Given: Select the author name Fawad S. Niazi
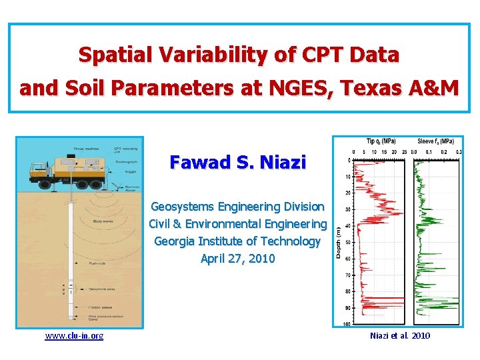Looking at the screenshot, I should (x=238, y=162).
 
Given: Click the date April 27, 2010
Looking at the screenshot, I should (x=238, y=258).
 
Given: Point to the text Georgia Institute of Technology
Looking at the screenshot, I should (x=238, y=241).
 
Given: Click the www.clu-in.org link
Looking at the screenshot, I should (x=74, y=335).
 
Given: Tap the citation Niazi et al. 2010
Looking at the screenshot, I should (x=400, y=335).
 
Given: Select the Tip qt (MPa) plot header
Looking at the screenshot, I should (x=381, y=141).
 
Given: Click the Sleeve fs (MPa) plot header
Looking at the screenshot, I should (x=436, y=141).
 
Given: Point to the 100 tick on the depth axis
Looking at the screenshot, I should (x=347, y=324).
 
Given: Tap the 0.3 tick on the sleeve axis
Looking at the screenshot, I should (x=459, y=151).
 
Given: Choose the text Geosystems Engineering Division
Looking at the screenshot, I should (x=238, y=207).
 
